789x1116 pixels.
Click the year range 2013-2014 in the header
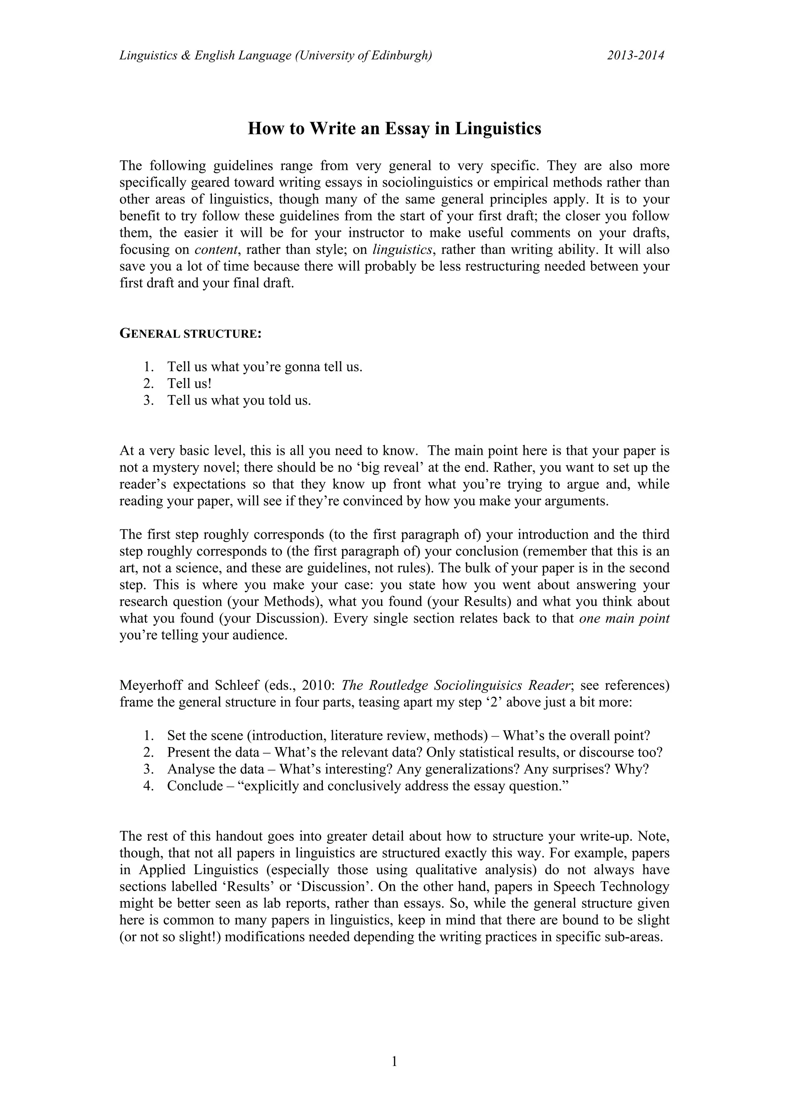(635, 55)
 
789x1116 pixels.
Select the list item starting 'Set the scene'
(408, 736)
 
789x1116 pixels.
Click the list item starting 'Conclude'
(367, 786)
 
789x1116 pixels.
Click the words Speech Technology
(611, 886)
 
